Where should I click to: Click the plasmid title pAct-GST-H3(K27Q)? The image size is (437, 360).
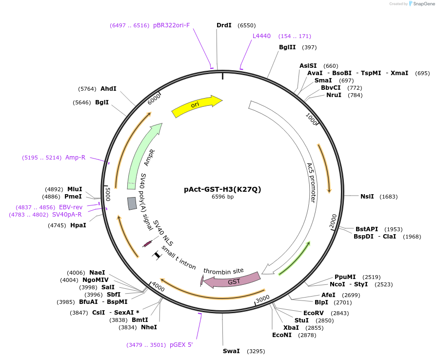point(222,189)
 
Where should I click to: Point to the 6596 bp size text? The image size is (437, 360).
point(222,197)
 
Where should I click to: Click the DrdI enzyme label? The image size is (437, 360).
point(224,25)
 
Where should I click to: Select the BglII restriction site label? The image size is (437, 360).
point(287,47)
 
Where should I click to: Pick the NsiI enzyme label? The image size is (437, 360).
point(367,197)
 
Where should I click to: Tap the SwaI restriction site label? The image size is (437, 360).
point(231,351)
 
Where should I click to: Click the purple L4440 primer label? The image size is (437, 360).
point(261,36)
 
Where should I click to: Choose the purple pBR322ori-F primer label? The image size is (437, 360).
point(171,25)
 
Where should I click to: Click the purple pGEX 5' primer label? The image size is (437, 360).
point(181,345)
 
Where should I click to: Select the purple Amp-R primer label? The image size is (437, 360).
point(75,158)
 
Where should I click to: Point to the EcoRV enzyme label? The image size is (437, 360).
point(314,313)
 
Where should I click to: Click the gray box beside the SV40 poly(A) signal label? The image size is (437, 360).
point(132,203)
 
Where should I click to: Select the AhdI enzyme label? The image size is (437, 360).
point(108,89)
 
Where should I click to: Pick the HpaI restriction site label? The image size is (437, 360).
point(78,225)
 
